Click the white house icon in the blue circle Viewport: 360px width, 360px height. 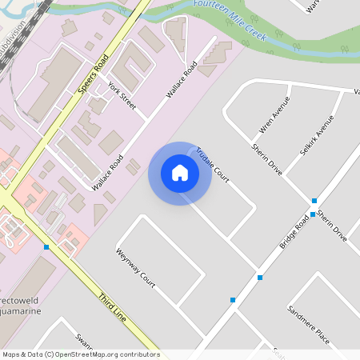click(180, 173)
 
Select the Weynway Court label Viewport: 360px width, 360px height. click(135, 267)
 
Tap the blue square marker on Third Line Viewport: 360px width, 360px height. click(46, 247)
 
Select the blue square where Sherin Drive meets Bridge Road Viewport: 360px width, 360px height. click(314, 201)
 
